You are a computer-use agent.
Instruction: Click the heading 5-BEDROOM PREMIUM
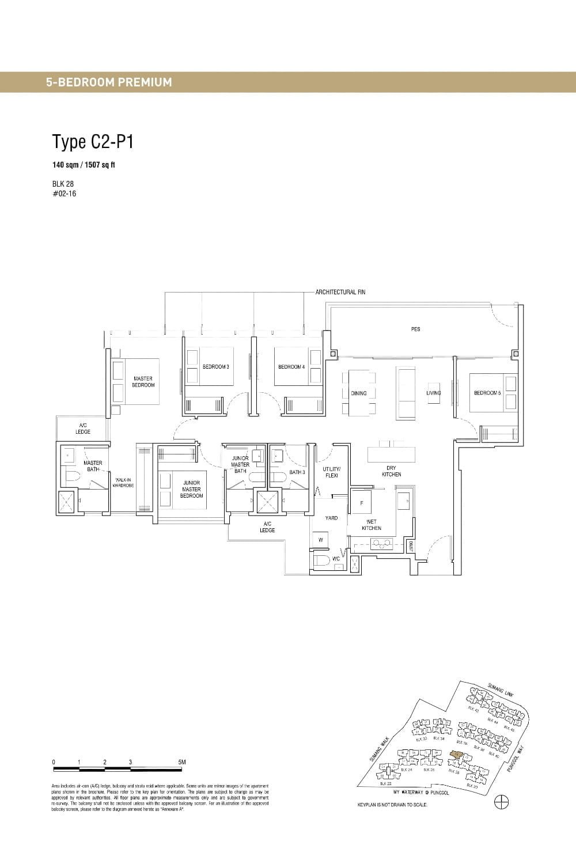pos(109,82)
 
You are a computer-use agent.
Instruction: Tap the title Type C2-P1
pos(93,141)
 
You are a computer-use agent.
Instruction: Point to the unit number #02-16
pos(64,194)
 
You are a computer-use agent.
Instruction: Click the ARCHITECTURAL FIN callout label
pos(340,292)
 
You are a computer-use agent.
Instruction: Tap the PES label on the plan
pos(415,329)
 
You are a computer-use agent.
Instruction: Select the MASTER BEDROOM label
pos(143,382)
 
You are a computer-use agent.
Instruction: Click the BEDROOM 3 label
pos(216,367)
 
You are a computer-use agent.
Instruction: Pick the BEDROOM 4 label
pos(291,367)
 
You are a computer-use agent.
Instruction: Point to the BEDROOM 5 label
pos(487,393)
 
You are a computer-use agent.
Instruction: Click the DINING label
pos(359,393)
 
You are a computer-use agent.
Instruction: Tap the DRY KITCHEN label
pos(391,471)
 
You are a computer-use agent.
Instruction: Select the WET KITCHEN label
pos(372,525)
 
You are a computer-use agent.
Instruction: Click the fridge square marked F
pos(361,503)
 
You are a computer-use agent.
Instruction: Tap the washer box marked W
pos(320,540)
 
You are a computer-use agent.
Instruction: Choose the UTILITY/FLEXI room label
pos(331,472)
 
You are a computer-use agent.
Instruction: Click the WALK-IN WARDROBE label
pos(123,483)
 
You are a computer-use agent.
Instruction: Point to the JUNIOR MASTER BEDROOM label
pos(191,489)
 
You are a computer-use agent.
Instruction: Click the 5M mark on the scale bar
pos(182,762)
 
